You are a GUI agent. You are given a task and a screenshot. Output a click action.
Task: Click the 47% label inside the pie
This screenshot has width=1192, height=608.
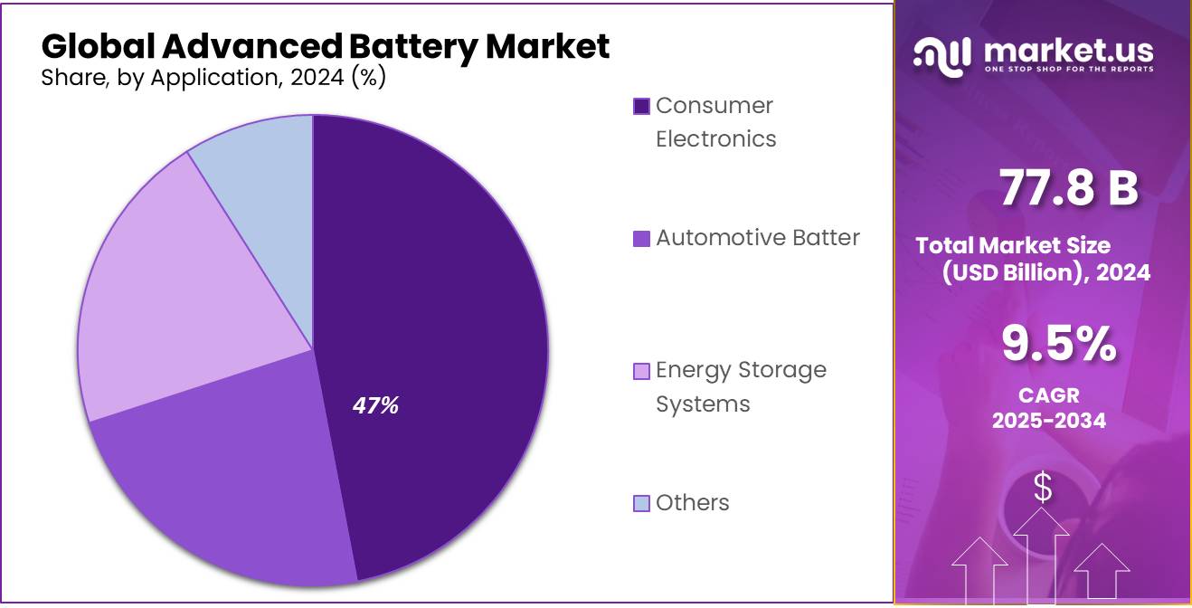(x=375, y=406)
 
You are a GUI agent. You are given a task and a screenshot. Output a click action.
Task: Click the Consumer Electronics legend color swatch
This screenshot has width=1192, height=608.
(x=641, y=107)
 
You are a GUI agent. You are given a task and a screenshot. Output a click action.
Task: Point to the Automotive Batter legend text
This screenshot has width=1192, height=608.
(x=757, y=238)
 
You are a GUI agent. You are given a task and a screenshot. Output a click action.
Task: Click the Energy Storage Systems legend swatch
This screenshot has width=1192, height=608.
(x=641, y=371)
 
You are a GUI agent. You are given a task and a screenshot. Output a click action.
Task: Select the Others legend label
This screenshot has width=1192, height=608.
(x=692, y=503)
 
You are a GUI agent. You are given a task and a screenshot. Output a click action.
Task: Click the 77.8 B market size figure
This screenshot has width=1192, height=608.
(x=1068, y=188)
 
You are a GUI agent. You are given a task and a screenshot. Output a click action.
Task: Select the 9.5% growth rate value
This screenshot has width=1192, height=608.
(x=1058, y=345)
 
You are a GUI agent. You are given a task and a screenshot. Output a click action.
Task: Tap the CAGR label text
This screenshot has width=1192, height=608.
(x=1049, y=395)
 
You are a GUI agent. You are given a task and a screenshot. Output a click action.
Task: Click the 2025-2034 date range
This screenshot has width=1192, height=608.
(x=1049, y=420)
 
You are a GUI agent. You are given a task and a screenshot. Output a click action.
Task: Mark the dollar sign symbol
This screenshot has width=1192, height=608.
(x=1043, y=488)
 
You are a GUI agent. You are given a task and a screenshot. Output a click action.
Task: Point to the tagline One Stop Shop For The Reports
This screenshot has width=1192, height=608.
(x=1068, y=70)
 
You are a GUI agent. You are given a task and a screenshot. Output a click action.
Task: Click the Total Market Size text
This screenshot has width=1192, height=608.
(x=1013, y=245)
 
